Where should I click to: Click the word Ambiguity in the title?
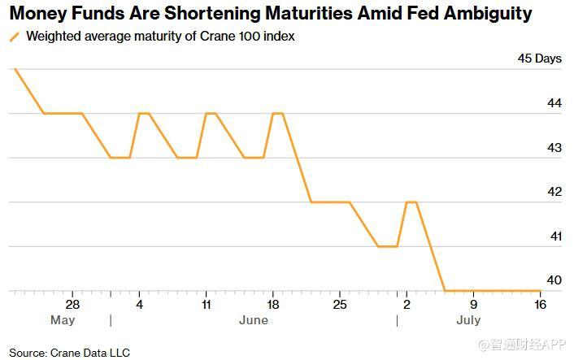point(488,14)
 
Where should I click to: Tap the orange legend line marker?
point(15,37)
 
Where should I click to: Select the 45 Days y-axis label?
point(539,59)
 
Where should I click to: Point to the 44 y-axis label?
point(554,103)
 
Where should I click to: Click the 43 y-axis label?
point(554,147)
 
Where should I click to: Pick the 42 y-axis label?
point(554,191)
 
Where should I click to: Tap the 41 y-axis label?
point(555,236)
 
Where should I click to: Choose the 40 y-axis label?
point(554,280)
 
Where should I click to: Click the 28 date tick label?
point(72,304)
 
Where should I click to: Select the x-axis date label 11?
point(207,304)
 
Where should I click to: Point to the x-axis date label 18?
point(273,304)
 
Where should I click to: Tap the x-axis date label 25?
point(340,304)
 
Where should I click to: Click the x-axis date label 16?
point(541,304)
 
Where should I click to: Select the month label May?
point(63,320)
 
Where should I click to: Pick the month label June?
point(254,320)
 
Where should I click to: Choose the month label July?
point(468,320)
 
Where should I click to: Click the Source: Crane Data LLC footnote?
point(70,353)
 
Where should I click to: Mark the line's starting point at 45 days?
point(15,69)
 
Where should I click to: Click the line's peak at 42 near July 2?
point(411,202)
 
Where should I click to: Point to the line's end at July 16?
point(541,291)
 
